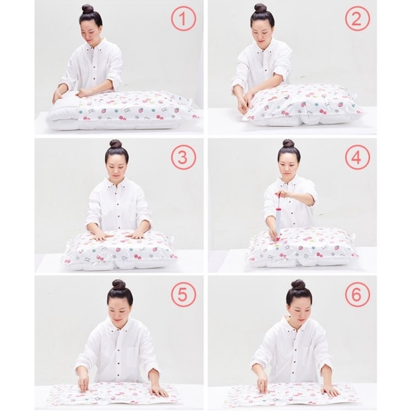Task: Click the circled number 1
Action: tap(184, 19)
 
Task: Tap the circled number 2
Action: tap(357, 19)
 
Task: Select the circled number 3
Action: tap(184, 157)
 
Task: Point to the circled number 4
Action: tap(357, 157)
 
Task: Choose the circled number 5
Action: tap(184, 295)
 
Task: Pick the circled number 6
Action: tap(357, 294)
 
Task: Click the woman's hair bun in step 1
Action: tap(88, 9)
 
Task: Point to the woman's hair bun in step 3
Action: tap(116, 144)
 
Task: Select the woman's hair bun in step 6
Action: tap(299, 284)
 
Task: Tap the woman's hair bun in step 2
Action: tap(260, 8)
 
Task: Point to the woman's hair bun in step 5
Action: tap(119, 284)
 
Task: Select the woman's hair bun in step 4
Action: tap(289, 144)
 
